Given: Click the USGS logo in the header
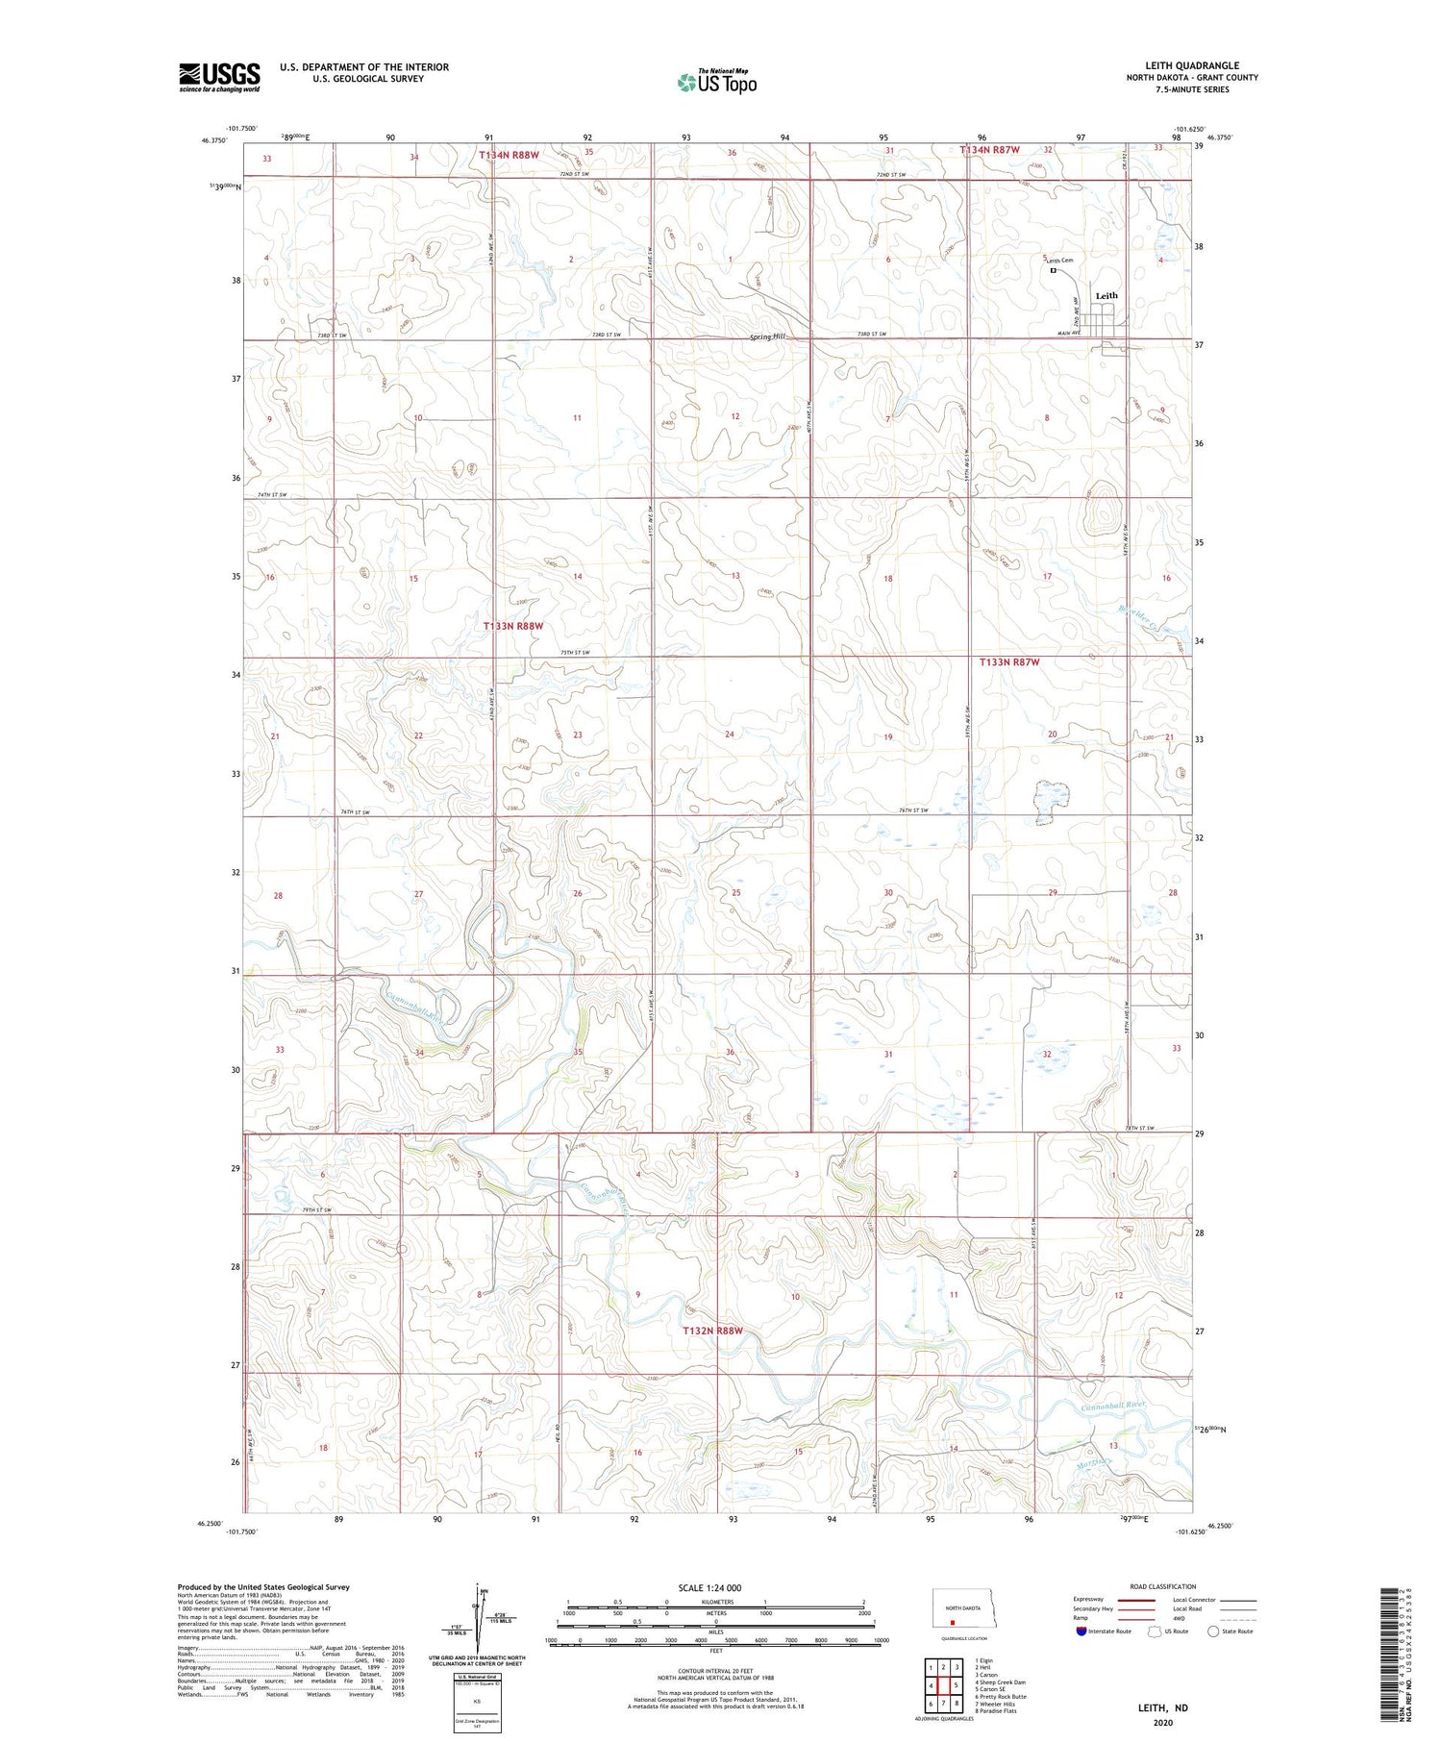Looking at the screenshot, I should click(219, 77).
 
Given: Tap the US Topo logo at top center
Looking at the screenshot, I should click(717, 83).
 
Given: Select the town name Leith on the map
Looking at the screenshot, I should click(1106, 296).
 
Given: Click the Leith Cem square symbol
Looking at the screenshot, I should click(1053, 271).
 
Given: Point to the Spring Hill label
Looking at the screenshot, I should click(767, 336).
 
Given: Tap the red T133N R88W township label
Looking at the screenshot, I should click(513, 626).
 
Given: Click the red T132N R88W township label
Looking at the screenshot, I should click(712, 1331).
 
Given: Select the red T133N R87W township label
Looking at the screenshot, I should click(1009, 662).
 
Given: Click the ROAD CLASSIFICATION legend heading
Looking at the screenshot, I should click(1163, 1586).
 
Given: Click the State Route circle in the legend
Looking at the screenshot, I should click(1213, 1631).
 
